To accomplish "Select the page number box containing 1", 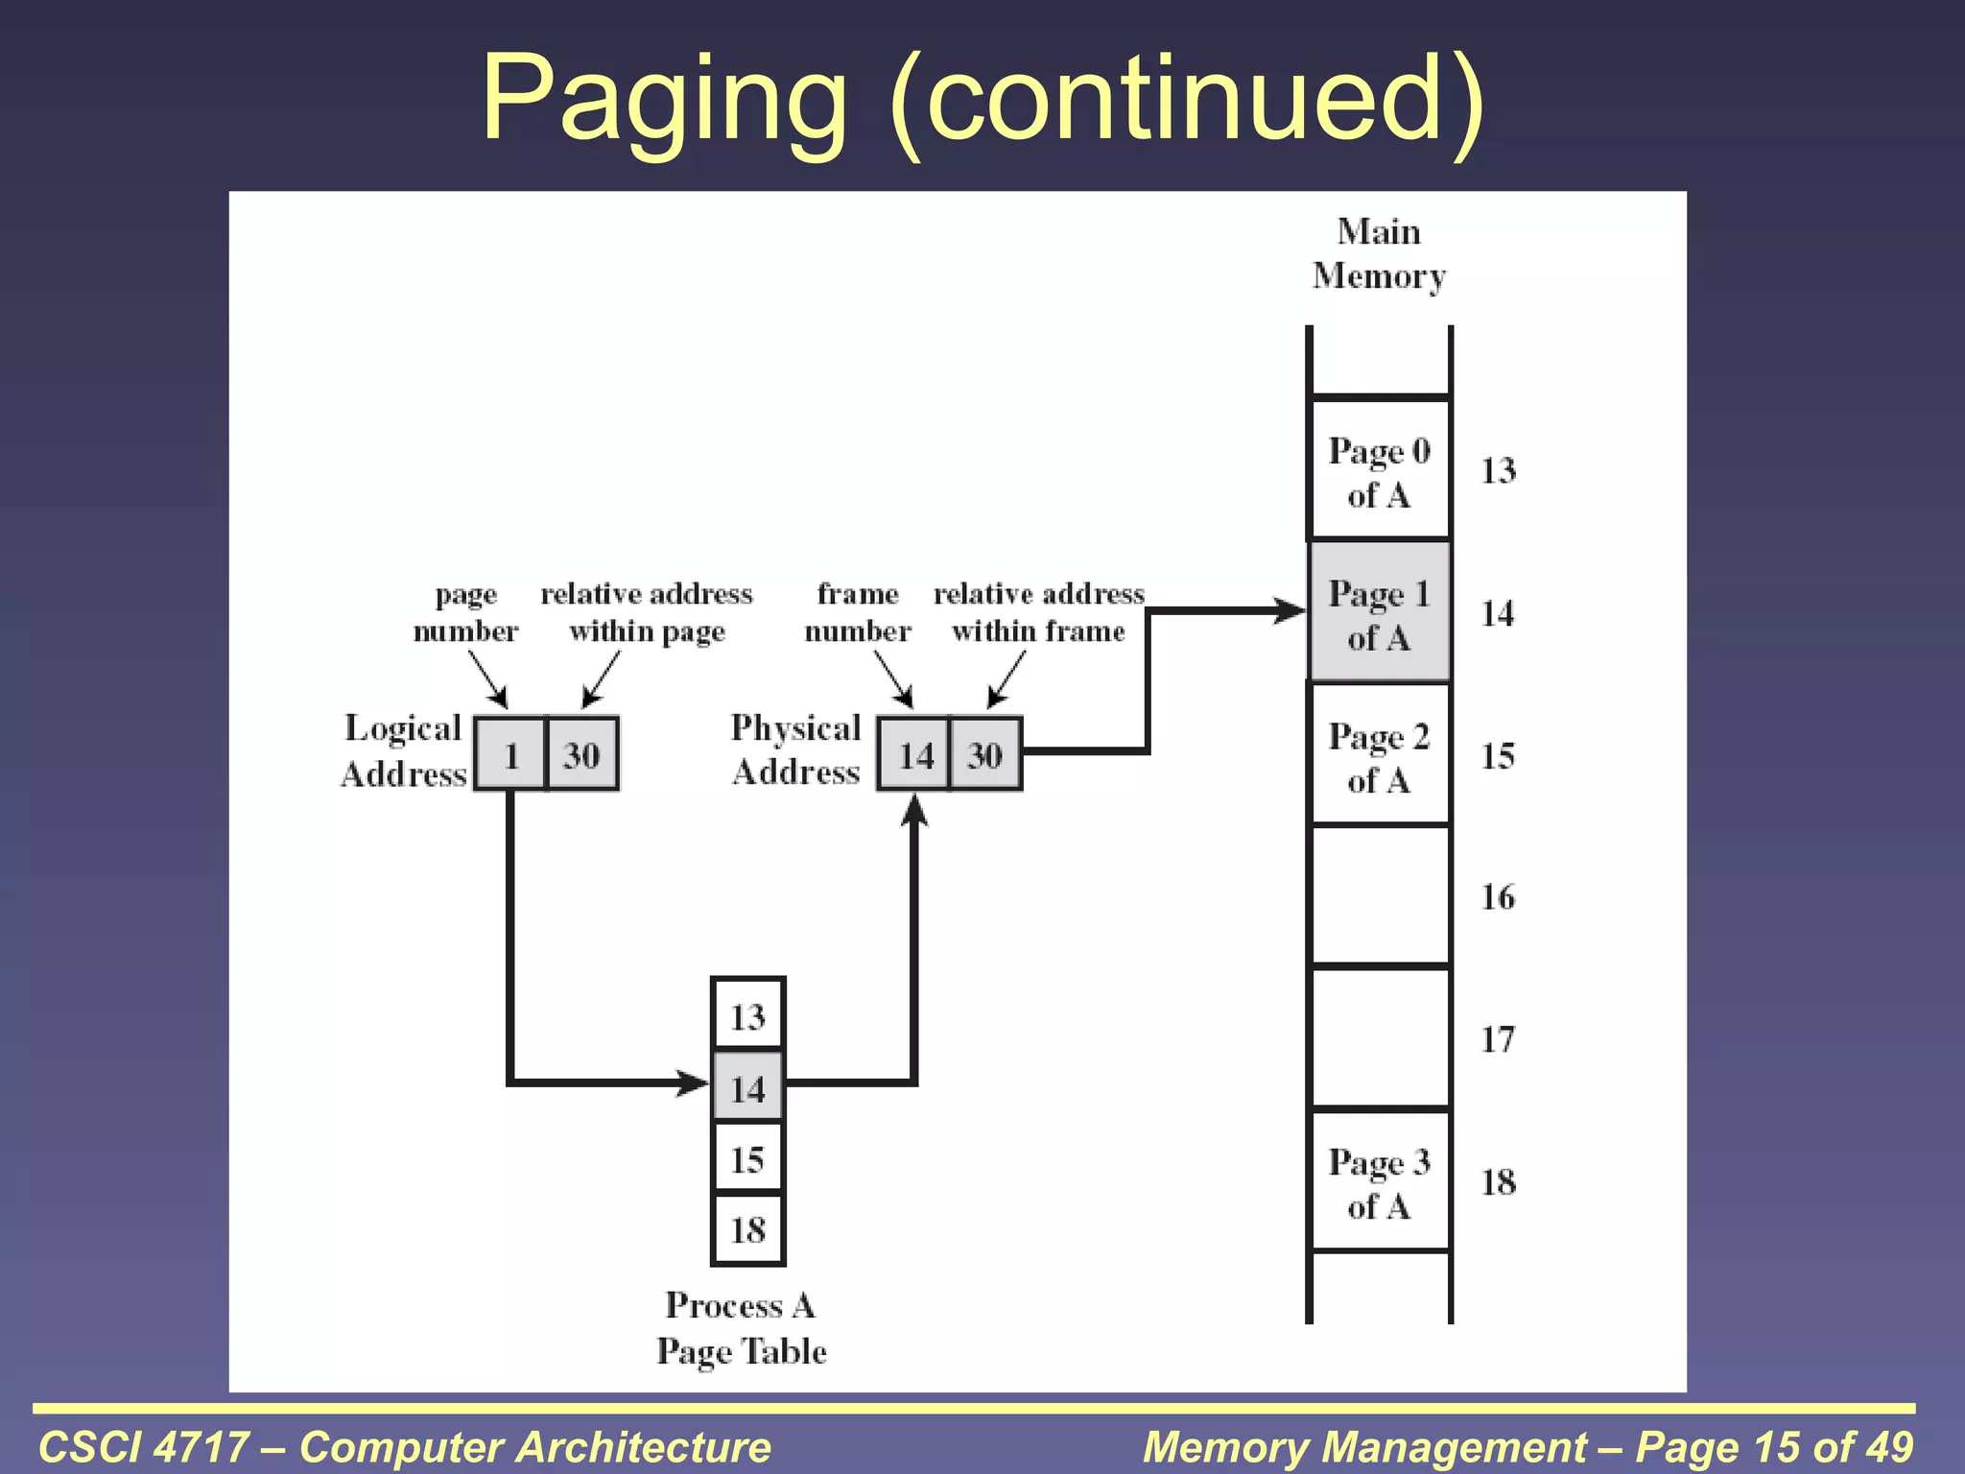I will coord(510,754).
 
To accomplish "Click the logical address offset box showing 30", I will coord(582,754).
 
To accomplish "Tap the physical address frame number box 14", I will coord(914,754).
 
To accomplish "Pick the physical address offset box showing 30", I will coord(985,754).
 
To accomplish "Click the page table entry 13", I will coord(748,1015).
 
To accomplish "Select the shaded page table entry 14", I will coord(748,1087).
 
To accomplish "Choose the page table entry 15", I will coord(748,1158).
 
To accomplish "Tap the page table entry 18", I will coord(748,1229).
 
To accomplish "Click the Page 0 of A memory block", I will coord(1380,470).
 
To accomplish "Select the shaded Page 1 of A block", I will coord(1380,613).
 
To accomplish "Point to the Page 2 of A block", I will coord(1380,755).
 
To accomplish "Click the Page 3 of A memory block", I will coord(1380,1181).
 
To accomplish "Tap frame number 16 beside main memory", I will coord(1498,896).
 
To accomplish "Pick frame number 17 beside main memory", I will coord(1498,1038).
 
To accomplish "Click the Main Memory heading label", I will coord(1380,253).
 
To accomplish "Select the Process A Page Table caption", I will coord(742,1328).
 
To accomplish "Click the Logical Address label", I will coord(404,750).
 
